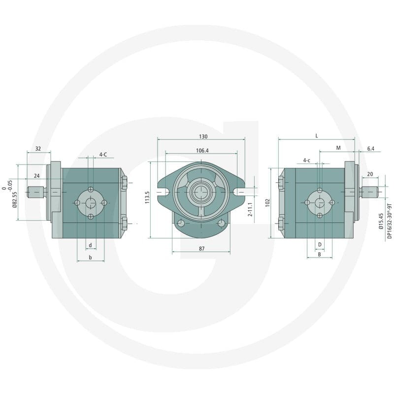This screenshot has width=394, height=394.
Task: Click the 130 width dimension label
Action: pos(203,136)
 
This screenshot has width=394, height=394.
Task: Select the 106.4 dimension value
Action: pos(202,151)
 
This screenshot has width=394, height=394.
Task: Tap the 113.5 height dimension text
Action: pos(147,197)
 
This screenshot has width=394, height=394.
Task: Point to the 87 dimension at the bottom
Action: pos(202,249)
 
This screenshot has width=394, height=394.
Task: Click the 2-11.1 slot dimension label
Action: pos(250,210)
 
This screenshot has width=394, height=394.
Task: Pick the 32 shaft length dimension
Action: pos(38,149)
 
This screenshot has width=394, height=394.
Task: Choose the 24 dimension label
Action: pos(36,176)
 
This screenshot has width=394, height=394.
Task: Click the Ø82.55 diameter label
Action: pos(14,199)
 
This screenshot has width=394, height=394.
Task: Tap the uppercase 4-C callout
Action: pos(103,154)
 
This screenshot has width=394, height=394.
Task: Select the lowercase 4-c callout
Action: pos(306,161)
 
